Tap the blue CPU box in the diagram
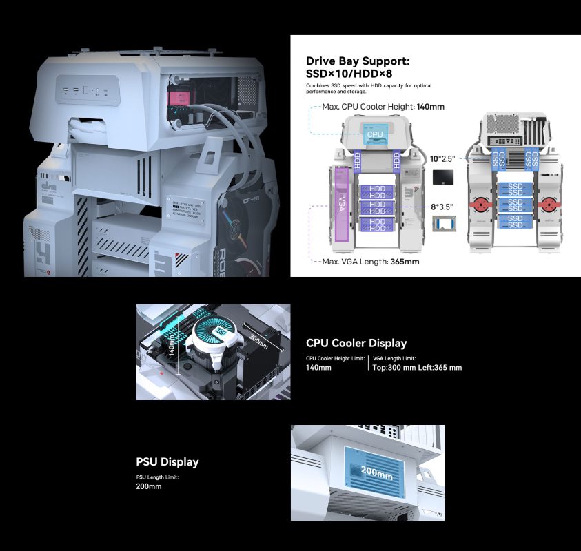[374, 135]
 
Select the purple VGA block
[341, 205]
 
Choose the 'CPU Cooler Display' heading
[356, 343]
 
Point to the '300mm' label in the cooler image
[258, 340]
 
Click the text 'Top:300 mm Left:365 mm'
[417, 368]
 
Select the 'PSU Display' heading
[167, 461]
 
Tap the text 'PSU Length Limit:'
[158, 477]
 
